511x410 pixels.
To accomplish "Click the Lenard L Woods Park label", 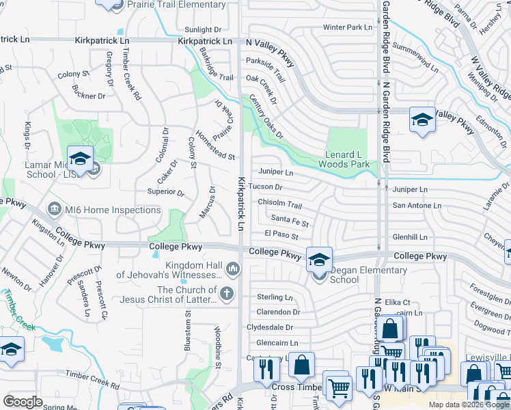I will (x=344, y=159).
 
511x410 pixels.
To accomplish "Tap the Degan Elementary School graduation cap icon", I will (x=319, y=260).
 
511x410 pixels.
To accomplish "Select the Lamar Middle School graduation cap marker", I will (x=80, y=159).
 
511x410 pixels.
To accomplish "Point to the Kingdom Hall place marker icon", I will (x=234, y=269).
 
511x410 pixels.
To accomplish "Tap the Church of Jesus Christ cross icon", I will (x=227, y=293).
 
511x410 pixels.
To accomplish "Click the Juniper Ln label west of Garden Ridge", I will (x=275, y=172).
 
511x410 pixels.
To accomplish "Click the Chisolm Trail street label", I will (x=279, y=204).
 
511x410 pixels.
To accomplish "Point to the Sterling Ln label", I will (x=274, y=297).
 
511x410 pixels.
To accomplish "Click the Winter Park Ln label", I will (x=348, y=27).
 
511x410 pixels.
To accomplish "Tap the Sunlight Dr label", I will (x=203, y=30).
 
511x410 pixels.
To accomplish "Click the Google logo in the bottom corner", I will (x=23, y=401).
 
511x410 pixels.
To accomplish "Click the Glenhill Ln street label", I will (x=410, y=237).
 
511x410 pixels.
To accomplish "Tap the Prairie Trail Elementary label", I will (x=176, y=5).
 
